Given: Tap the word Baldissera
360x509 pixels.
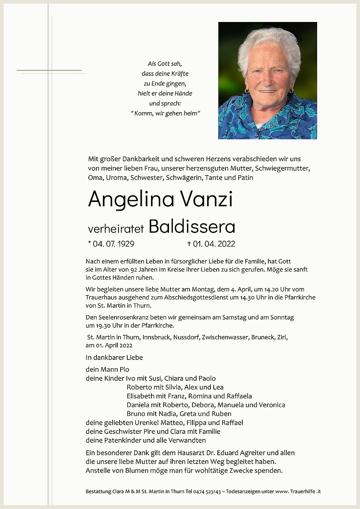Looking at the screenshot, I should [x=192, y=227].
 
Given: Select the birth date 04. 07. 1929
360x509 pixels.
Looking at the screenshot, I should [x=113, y=244].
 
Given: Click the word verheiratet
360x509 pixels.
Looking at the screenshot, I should [x=116, y=229].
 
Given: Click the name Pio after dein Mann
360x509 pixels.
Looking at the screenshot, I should [x=124, y=370].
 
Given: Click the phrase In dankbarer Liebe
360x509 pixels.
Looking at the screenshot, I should [x=114, y=358].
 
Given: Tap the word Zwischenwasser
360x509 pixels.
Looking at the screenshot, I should [x=225, y=337].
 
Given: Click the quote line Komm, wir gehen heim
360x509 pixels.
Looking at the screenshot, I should [x=166, y=114].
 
